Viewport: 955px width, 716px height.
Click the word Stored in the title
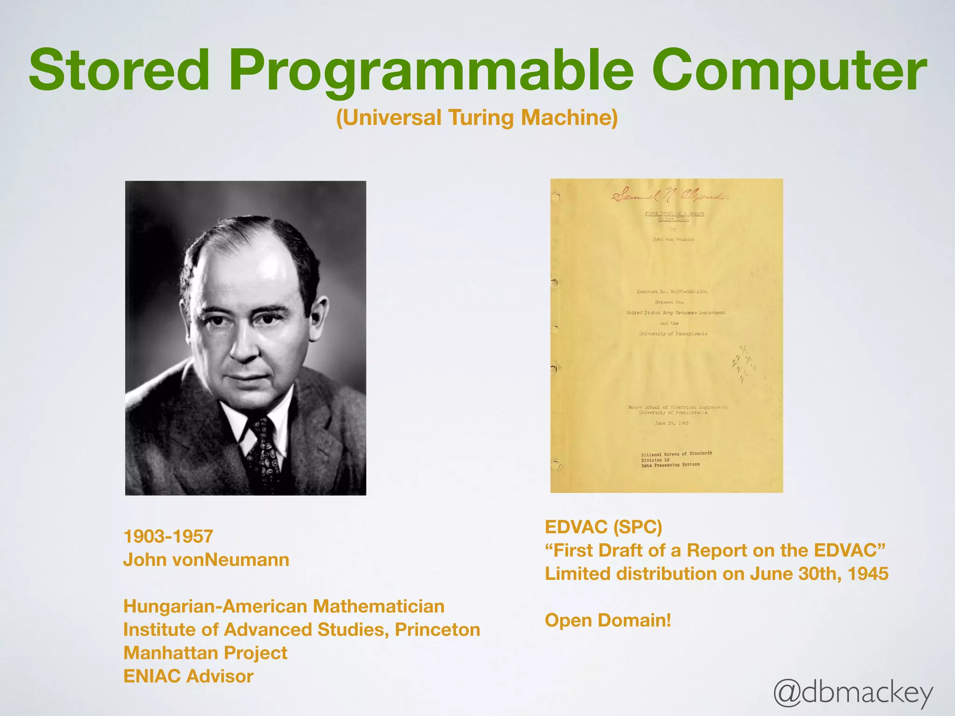[x=119, y=71]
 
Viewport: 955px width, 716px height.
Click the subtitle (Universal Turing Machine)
[x=477, y=117]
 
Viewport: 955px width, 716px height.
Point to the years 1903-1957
[x=168, y=537]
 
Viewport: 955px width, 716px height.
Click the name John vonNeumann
[x=206, y=560]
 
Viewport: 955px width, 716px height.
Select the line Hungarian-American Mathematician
[x=284, y=606]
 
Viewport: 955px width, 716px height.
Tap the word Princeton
[x=437, y=630]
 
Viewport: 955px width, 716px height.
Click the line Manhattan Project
[x=205, y=653]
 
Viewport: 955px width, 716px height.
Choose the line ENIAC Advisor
[x=188, y=676]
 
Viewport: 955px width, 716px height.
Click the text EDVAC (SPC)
[x=603, y=527]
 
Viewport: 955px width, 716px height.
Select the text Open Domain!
[x=608, y=620]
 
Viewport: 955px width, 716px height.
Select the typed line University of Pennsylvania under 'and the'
[x=673, y=334]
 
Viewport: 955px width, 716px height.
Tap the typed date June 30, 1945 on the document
[x=671, y=423]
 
